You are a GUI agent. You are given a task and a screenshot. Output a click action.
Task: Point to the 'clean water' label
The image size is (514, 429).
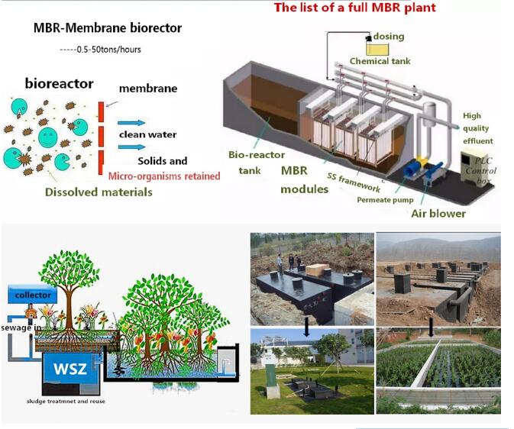pyautogui.click(x=147, y=135)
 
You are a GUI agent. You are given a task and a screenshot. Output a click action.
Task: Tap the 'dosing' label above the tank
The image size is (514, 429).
pyautogui.click(x=389, y=36)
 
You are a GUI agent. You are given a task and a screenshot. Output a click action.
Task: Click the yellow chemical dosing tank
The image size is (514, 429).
pyautogui.click(x=377, y=47)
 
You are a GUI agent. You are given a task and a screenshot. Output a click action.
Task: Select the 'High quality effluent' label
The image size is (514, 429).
pyautogui.click(x=478, y=128)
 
